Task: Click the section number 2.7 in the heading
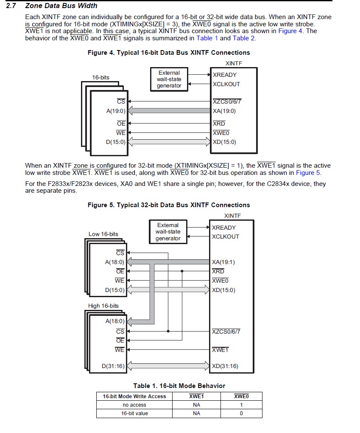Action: [11, 6]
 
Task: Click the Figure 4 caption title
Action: [169, 53]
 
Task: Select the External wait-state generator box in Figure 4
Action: [169, 79]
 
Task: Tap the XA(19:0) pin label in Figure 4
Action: [224, 111]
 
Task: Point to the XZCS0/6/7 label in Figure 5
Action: [226, 332]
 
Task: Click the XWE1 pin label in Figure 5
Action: [220, 350]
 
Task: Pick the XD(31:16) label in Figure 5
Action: [225, 366]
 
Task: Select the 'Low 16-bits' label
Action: [103, 234]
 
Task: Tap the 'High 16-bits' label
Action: [103, 306]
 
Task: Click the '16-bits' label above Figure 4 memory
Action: [101, 77]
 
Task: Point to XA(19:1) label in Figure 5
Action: [223, 262]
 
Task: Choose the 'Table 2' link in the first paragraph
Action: [244, 38]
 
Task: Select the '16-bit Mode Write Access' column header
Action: [134, 396]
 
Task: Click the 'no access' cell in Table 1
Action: [134, 405]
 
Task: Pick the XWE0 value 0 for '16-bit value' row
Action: [241, 413]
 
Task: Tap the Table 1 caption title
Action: [179, 386]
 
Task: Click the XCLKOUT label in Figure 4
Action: [226, 84]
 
